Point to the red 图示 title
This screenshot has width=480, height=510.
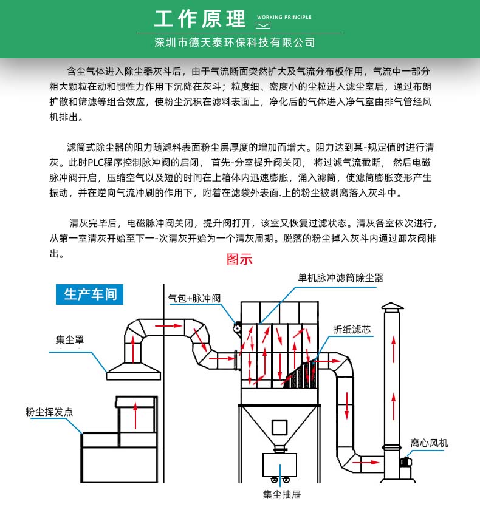pos(239,259)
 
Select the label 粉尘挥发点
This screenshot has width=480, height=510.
pos(49,412)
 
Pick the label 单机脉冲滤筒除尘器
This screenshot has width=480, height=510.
pos(341,278)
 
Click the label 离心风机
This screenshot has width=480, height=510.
pos(429,443)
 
